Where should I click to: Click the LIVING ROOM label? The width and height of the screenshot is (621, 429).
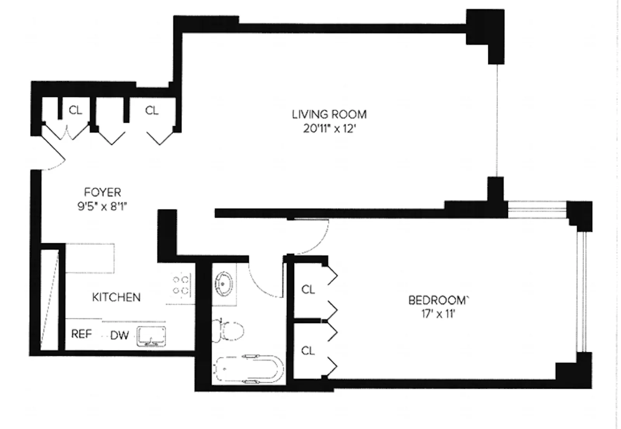pyautogui.click(x=329, y=114)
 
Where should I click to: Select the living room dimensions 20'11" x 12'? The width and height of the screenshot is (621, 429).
pyautogui.click(x=329, y=128)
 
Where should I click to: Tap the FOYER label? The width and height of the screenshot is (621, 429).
pyautogui.click(x=102, y=192)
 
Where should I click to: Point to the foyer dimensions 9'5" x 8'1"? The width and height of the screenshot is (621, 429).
pyautogui.click(x=102, y=206)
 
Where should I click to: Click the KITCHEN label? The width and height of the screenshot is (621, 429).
pyautogui.click(x=116, y=297)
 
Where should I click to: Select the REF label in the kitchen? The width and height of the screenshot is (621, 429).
pyautogui.click(x=82, y=334)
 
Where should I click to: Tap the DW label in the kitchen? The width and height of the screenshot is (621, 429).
pyautogui.click(x=119, y=335)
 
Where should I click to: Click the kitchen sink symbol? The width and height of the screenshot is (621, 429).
pyautogui.click(x=151, y=336)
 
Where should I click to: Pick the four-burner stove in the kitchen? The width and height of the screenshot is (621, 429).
pyautogui.click(x=181, y=285)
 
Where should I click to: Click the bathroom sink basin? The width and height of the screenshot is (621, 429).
pyautogui.click(x=224, y=284)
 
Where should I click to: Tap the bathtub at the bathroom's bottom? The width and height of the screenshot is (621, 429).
pyautogui.click(x=248, y=368)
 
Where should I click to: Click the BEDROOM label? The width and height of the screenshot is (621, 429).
pyautogui.click(x=439, y=300)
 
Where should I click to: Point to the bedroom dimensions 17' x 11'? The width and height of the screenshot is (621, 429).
pyautogui.click(x=438, y=314)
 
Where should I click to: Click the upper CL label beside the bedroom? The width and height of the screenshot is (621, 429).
pyautogui.click(x=308, y=289)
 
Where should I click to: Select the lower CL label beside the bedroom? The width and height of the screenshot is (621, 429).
pyautogui.click(x=308, y=351)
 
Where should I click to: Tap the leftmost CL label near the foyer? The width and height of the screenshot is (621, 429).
pyautogui.click(x=75, y=111)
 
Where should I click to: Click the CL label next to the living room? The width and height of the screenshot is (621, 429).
pyautogui.click(x=152, y=111)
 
